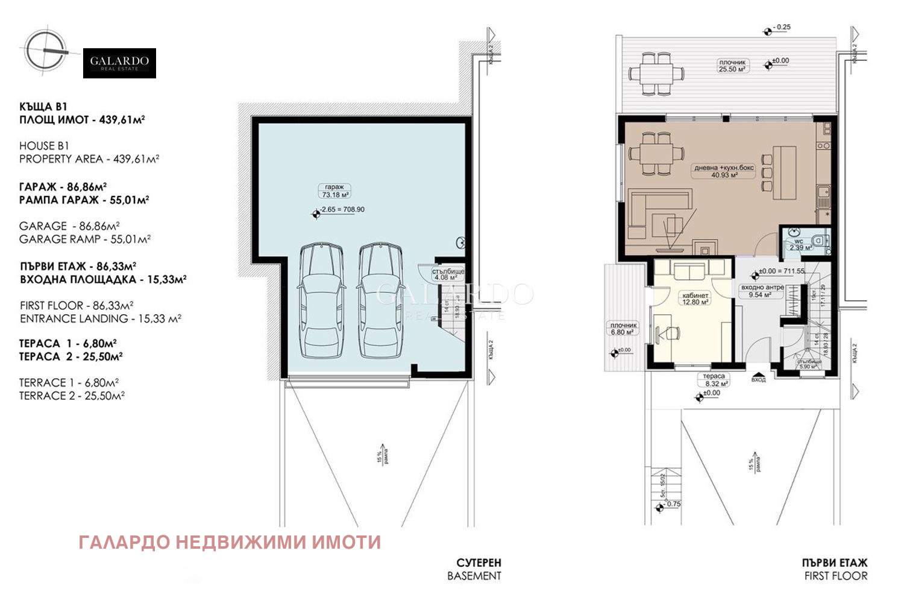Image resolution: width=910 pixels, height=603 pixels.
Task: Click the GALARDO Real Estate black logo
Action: coord(119,63)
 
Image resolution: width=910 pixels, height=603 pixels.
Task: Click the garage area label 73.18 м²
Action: coord(334,195)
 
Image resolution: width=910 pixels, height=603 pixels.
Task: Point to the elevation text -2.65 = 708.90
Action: coord(342,210)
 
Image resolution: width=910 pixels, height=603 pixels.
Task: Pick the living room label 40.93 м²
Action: coord(724,175)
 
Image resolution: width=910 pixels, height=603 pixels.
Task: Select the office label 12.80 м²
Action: coord(695,302)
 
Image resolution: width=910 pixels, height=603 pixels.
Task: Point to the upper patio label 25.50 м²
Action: coord(732,69)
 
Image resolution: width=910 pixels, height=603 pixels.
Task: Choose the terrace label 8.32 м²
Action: coord(714,383)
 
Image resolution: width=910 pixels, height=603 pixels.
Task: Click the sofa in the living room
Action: coord(657,215)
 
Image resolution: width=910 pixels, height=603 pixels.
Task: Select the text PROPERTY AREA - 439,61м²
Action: coord(89,159)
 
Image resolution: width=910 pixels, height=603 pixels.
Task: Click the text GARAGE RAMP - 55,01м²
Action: coord(84,239)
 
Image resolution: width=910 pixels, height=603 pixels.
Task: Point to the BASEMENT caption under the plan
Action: coord(474,576)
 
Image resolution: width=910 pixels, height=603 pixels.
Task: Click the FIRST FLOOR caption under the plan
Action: coord(835,576)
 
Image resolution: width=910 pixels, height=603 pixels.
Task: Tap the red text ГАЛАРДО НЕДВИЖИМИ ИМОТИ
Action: coord(230,542)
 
